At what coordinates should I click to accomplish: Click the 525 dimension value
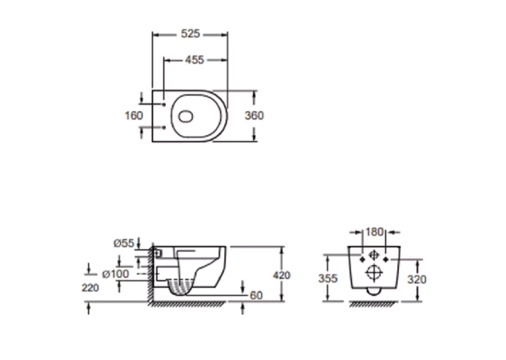pos(190,34)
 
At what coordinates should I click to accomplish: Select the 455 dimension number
pos(195,59)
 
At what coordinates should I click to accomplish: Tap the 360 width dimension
pos(254,116)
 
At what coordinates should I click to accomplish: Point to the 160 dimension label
pos(133,116)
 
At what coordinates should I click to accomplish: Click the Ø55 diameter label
pos(124,243)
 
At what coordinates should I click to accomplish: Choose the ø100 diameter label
pos(116,274)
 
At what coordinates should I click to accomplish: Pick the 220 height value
pos(90,288)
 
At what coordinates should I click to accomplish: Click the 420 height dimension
pos(281,275)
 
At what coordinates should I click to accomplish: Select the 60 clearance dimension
pos(256,295)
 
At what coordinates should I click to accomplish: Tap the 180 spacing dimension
pos(375,232)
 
